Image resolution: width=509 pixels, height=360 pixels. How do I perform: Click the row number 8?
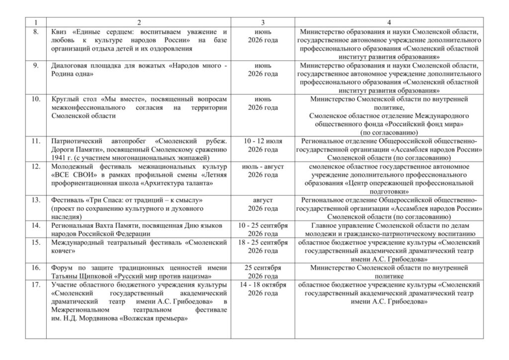pyautogui.click(x=35, y=31)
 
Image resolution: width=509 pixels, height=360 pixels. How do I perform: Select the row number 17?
pyautogui.click(x=35, y=285)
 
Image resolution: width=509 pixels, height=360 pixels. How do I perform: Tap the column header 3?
pyautogui.click(x=262, y=23)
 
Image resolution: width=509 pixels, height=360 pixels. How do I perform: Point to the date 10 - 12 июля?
pyautogui.click(x=262, y=142)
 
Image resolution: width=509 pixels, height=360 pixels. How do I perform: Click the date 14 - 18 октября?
pyautogui.click(x=262, y=285)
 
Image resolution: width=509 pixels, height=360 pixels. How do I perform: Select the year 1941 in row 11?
pyautogui.click(x=59, y=158)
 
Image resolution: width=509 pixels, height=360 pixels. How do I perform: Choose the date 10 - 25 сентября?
pyautogui.click(x=262, y=226)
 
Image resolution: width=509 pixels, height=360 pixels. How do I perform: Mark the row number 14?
pyautogui.click(x=35, y=226)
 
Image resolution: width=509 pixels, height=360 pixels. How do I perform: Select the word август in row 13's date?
pyautogui.click(x=262, y=200)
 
